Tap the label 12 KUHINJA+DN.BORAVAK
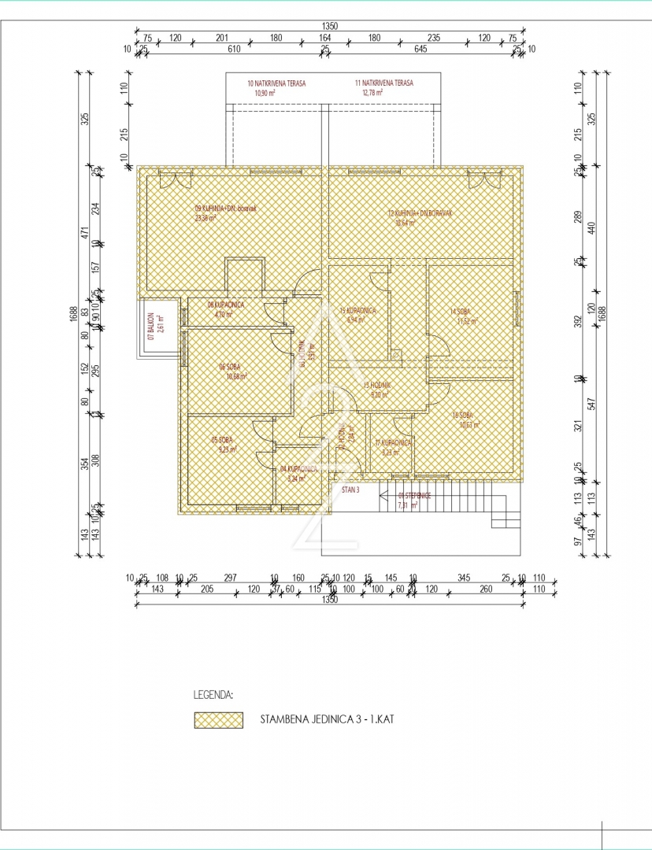(423, 213)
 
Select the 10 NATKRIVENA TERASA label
(276, 83)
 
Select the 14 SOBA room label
(461, 312)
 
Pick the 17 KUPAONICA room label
(393, 443)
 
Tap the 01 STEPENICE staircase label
(413, 496)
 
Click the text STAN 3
(350, 489)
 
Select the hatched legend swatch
(219, 720)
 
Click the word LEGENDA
(213, 696)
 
